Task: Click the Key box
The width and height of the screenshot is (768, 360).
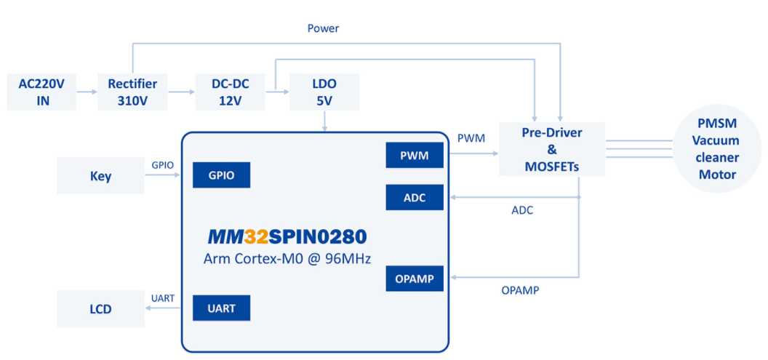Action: pyautogui.click(x=100, y=176)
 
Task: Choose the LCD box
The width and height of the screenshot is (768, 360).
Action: pyautogui.click(x=100, y=309)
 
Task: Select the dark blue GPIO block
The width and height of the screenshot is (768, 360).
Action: pyautogui.click(x=221, y=175)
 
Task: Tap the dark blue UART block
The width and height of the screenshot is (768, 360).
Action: pyautogui.click(x=221, y=308)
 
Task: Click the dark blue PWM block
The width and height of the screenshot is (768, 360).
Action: pyautogui.click(x=415, y=155)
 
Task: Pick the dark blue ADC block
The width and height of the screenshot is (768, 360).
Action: pyautogui.click(x=415, y=196)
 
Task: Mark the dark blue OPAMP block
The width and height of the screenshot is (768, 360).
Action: pyautogui.click(x=415, y=279)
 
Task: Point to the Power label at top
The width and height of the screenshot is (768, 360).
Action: pyautogui.click(x=323, y=28)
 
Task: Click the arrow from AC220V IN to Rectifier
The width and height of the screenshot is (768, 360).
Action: pyautogui.click(x=87, y=92)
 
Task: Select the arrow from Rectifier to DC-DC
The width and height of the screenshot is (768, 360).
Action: pyautogui.click(x=181, y=92)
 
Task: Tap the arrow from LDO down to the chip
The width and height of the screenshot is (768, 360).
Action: pyautogui.click(x=324, y=121)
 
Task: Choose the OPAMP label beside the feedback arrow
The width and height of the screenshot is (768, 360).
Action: pyautogui.click(x=520, y=290)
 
